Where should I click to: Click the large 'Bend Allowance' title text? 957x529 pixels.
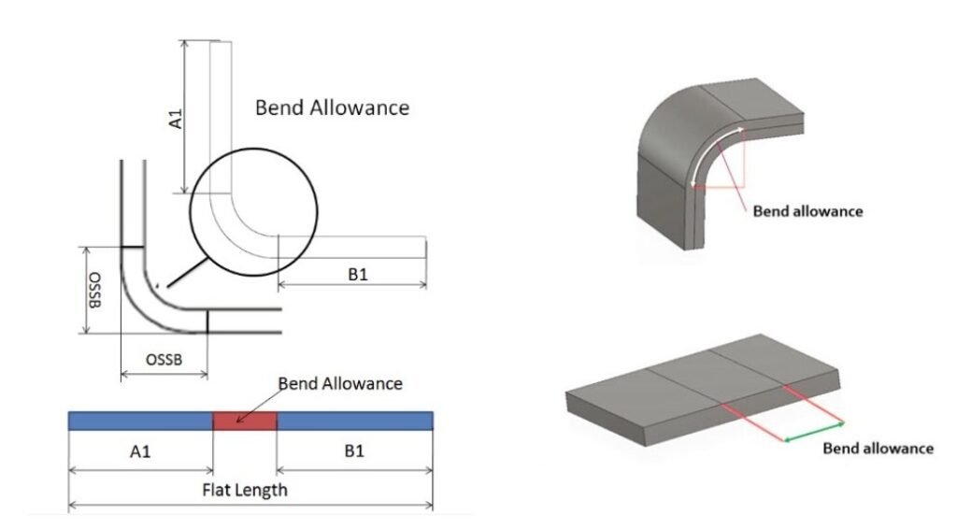332,108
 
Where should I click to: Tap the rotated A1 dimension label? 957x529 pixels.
175,119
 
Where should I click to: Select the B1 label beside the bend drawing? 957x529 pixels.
358,275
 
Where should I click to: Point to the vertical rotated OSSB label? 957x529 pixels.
95,291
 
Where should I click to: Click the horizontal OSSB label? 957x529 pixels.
164,360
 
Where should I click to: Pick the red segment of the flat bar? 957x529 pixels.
245,421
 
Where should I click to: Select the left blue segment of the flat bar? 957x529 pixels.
140,421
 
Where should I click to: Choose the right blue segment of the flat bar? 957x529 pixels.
355,421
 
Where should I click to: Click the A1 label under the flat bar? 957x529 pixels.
140,451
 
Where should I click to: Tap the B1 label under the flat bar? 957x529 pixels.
354,450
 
